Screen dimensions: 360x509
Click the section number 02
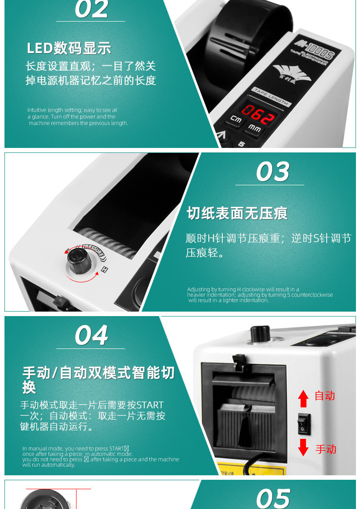pos(91,9)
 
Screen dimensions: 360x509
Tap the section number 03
pos(273,171)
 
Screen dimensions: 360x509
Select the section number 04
pos(91,335)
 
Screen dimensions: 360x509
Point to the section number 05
pos(273,499)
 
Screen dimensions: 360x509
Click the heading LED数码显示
pos(69,49)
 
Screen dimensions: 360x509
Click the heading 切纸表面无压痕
pos(237,213)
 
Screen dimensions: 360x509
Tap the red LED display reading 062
pos(258,114)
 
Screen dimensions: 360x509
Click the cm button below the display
pos(236,119)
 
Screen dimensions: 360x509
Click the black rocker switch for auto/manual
pos(304,424)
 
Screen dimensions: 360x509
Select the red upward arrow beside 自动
pos(303,399)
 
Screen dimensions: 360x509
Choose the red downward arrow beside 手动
pos(303,447)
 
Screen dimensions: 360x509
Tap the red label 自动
pos(324,396)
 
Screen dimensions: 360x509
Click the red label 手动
pos(326,449)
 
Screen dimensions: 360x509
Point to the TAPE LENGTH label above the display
pos(271,96)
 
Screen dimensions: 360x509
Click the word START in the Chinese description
pos(150,405)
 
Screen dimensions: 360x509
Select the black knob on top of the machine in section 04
pos(260,334)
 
